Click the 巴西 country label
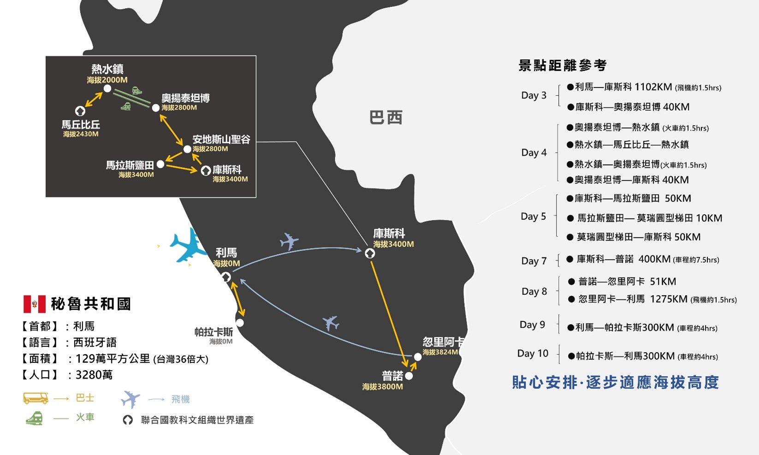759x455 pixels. point(386,118)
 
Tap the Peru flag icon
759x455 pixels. point(34,304)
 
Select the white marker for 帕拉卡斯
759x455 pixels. point(240,323)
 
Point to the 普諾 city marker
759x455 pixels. point(409,376)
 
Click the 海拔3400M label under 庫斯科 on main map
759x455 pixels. point(393,244)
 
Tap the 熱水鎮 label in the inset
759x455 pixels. point(107,69)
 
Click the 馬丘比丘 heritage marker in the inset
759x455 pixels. point(80,111)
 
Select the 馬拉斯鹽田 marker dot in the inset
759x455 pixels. point(160,164)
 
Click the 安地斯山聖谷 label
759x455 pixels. point(221,139)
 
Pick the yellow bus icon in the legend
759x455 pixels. point(36,398)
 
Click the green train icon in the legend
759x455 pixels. point(34,418)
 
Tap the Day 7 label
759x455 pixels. point(534,261)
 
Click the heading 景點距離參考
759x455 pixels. point(563,65)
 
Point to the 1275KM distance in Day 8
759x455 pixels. point(669,299)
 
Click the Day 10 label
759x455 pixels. point(533,354)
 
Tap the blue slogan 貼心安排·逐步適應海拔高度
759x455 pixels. point(615,382)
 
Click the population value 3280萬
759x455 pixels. point(94,375)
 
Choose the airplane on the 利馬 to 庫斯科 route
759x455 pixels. point(289,241)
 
